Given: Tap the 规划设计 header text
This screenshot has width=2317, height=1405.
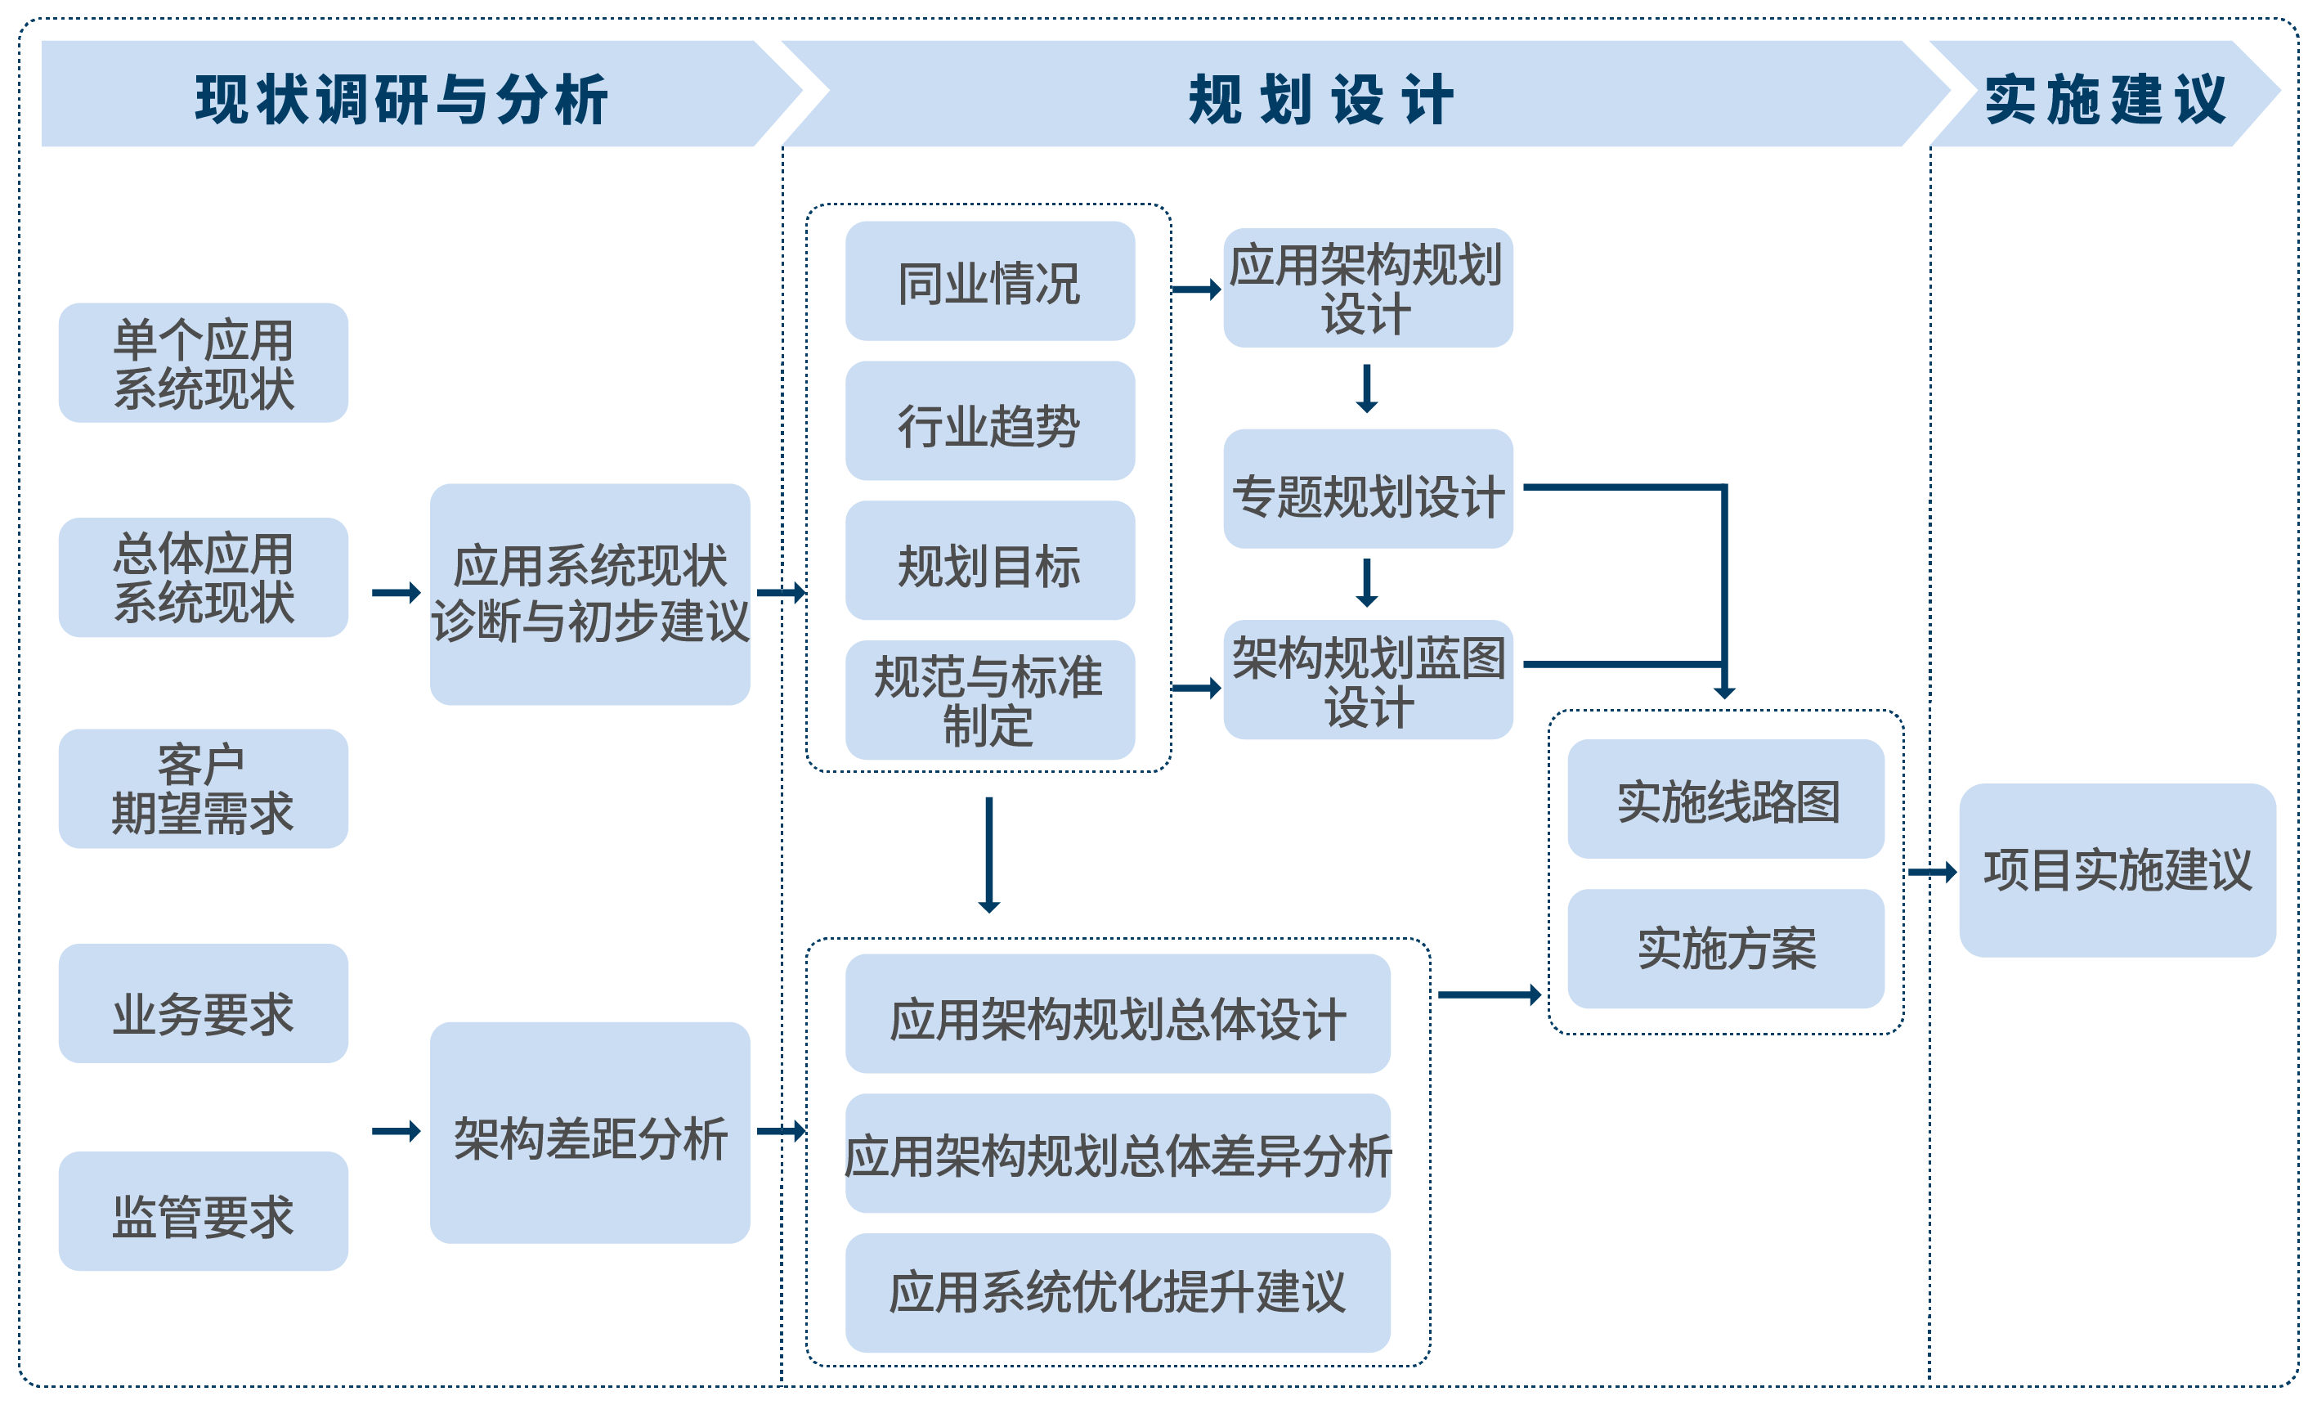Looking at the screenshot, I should (x=1320, y=99).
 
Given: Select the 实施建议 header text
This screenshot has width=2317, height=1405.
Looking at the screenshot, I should (x=2104, y=99).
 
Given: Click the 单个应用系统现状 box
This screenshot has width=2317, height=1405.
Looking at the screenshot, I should (x=203, y=363).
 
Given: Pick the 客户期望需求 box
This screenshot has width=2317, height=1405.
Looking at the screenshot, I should (x=203, y=788).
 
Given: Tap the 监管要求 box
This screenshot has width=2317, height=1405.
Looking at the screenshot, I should (x=203, y=1211).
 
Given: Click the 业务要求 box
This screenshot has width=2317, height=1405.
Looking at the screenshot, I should (x=203, y=1003).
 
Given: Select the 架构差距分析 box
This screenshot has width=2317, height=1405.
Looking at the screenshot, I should (x=589, y=1133).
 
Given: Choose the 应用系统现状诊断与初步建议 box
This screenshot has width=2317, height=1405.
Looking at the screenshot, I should (x=589, y=594).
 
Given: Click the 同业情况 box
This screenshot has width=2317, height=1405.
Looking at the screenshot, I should (x=989, y=281).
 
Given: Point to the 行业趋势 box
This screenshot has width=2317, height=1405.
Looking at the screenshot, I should (x=989, y=421).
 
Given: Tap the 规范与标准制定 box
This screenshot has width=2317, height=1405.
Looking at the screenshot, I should (x=989, y=700).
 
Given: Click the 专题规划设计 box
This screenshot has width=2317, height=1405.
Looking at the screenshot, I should (x=1367, y=490).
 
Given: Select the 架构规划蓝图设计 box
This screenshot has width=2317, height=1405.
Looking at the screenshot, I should (x=1367, y=679).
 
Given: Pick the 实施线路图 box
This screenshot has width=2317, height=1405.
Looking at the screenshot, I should (x=1726, y=798).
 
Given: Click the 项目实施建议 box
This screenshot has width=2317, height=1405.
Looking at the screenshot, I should (x=2117, y=870).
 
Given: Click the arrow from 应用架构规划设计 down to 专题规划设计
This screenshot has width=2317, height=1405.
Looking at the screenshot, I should (x=1366, y=388).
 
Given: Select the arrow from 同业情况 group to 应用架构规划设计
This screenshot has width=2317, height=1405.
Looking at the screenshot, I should (x=1196, y=290).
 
